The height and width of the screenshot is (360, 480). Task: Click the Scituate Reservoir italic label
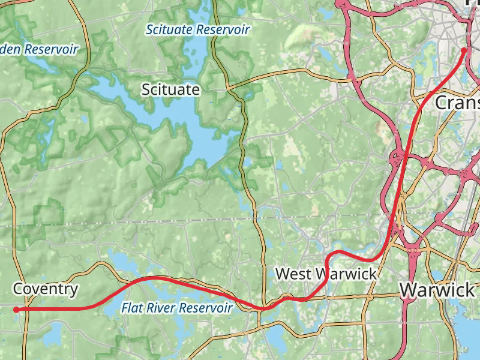tap(197, 29)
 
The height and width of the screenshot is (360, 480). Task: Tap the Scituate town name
tap(170, 90)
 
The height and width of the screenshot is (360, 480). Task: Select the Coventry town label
tap(46, 289)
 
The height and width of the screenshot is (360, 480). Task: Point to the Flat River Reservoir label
tap(176, 308)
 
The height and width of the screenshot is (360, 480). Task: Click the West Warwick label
tap(326, 274)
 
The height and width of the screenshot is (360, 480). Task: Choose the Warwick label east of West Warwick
tap(437, 290)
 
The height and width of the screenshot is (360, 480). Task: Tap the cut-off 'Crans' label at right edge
tap(457, 103)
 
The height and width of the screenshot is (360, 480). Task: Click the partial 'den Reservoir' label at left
tap(40, 49)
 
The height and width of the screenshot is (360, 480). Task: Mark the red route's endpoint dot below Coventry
tap(16, 310)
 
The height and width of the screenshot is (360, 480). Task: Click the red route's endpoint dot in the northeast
tap(464, 51)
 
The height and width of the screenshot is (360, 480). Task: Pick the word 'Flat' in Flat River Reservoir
tap(132, 308)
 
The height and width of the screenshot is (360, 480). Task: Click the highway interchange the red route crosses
tap(398, 160)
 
